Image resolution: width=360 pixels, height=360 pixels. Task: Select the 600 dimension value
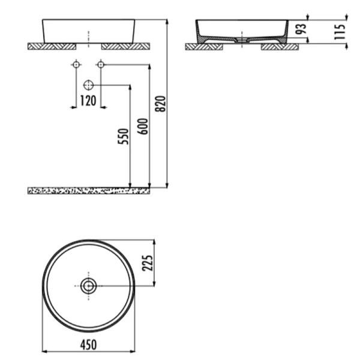tap(142, 124)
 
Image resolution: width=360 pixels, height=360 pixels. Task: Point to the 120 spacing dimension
tap(88, 101)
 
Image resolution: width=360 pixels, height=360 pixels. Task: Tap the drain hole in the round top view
tap(88, 286)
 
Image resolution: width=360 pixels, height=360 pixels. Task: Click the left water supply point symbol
tap(76, 64)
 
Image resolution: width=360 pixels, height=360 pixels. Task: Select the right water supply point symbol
tap(100, 64)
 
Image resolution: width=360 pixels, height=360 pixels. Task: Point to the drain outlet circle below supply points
tap(88, 85)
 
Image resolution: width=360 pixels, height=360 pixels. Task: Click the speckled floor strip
tap(88, 190)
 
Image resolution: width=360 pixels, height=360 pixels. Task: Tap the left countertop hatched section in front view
tap(52, 45)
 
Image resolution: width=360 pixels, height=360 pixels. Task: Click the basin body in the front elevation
tap(88, 30)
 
